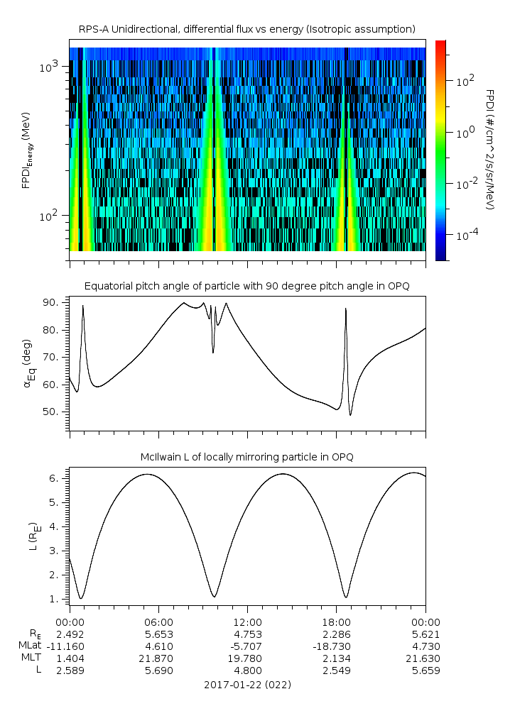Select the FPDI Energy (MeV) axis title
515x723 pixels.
click(26, 150)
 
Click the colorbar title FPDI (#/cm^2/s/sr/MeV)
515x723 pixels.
click(490, 150)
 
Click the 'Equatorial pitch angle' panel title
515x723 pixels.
click(246, 286)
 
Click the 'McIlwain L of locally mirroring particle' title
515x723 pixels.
click(246, 457)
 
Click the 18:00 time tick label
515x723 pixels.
click(337, 622)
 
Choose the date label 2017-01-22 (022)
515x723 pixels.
click(246, 685)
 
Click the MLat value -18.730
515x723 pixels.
click(337, 646)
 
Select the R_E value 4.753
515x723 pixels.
click(247, 634)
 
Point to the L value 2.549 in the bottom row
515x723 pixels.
click(337, 670)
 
